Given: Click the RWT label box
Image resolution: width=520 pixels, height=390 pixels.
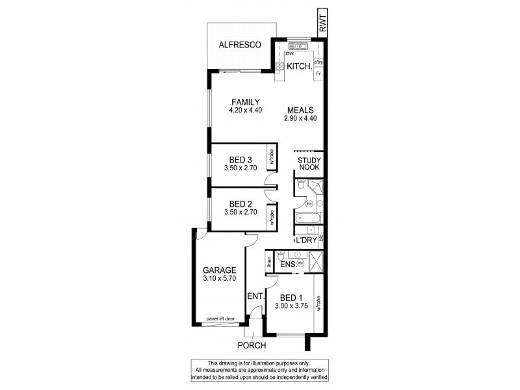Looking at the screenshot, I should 323,24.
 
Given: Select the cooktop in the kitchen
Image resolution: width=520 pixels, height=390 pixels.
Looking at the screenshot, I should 279,66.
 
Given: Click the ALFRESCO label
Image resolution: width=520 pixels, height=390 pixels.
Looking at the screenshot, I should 240,45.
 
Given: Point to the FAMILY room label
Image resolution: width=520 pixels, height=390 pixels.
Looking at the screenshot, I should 245,102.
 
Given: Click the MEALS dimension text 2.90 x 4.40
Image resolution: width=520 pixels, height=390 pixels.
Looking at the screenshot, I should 300,118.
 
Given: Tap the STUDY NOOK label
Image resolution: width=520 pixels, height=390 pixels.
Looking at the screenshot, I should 309,164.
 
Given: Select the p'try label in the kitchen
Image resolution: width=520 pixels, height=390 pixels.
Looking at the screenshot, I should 318,62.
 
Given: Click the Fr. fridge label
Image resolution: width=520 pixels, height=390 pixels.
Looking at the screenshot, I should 318,74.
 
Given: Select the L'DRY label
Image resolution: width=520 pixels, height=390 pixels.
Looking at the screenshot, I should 305,240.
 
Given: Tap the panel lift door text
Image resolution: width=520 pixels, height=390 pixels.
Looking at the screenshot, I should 220,318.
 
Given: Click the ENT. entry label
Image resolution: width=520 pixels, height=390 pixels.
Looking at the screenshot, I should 255,296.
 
